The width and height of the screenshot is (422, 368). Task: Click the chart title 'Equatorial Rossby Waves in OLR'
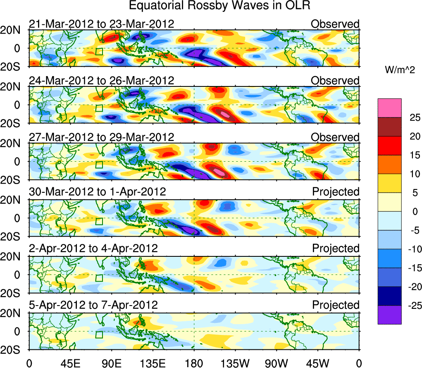coord(219,6)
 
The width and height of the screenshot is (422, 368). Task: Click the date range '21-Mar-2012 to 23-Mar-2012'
coord(101,24)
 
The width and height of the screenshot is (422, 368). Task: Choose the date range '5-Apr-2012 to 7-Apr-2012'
coord(93,305)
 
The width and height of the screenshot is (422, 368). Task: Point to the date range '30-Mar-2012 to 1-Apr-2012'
coord(98,192)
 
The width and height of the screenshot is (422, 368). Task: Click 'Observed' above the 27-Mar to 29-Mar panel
coord(335,137)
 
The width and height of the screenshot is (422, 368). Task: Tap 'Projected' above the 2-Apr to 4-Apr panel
coord(336,249)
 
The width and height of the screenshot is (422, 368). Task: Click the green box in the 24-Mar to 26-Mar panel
coord(99,108)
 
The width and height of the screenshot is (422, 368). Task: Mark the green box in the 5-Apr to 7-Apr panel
coord(99,335)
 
